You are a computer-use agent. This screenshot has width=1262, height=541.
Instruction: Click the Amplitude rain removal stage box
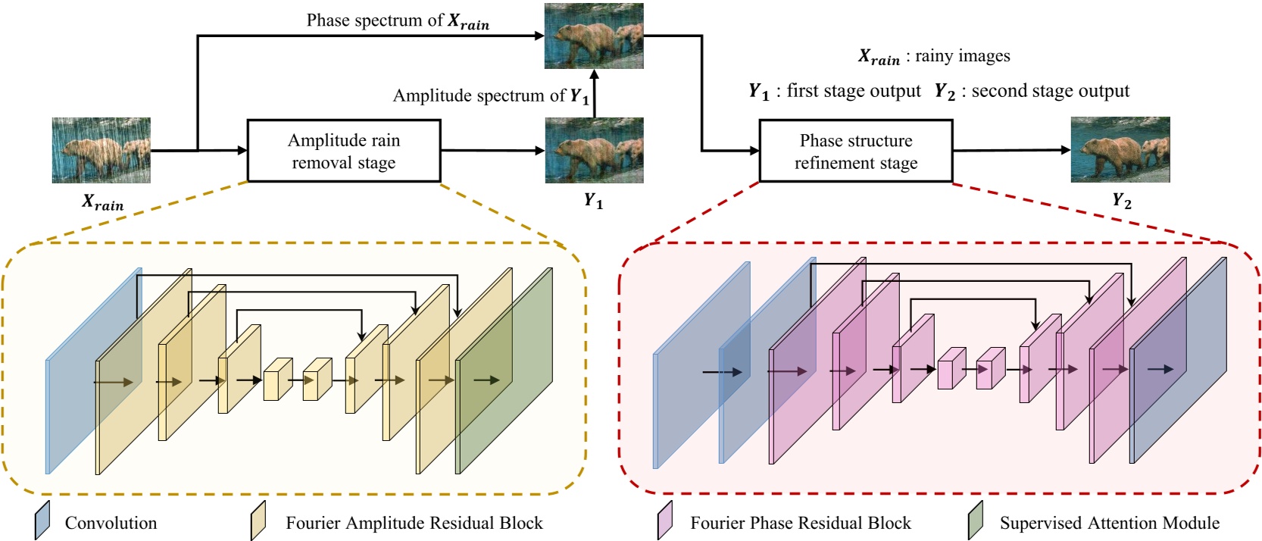tap(344, 151)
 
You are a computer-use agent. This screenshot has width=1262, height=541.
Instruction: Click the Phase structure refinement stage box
tap(855, 152)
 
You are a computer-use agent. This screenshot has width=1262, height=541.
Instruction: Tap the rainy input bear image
tap(101, 150)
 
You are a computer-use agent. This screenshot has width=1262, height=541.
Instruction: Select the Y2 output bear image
tap(1120, 149)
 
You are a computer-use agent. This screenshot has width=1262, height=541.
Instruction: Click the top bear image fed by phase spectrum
tap(594, 36)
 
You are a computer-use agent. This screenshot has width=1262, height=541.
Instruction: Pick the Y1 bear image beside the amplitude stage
tap(594, 150)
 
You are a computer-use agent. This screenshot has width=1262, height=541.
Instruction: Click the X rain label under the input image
tap(103, 203)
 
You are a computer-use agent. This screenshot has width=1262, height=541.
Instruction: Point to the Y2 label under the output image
tap(1121, 201)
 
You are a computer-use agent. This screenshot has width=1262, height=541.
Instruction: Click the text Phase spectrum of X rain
tap(398, 21)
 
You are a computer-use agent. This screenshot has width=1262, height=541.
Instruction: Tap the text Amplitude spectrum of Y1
tap(490, 96)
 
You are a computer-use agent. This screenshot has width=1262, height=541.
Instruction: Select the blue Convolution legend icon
tap(42, 521)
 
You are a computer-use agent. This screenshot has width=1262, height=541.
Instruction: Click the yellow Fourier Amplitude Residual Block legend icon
tap(258, 521)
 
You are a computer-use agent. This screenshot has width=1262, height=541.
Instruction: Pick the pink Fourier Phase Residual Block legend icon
tap(665, 521)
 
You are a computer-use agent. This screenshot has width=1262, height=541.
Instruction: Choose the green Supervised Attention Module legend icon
tap(975, 521)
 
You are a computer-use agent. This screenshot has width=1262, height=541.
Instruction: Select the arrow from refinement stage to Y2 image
tap(1011, 150)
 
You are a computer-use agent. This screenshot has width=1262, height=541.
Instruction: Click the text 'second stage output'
tap(1050, 92)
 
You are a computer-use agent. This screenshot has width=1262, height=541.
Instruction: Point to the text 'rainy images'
tap(962, 56)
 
